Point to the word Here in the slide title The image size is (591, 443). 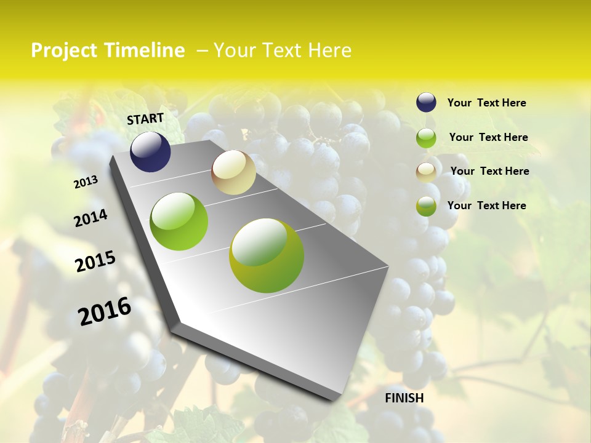[329, 50]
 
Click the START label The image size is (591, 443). [145, 119]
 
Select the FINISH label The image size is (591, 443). [404, 398]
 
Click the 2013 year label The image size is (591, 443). [86, 182]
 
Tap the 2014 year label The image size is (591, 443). [91, 218]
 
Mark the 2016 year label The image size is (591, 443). [105, 311]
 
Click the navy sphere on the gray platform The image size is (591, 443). [150, 151]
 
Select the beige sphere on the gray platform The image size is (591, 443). [233, 172]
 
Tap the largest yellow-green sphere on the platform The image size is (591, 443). [267, 255]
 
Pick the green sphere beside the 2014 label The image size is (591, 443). [179, 221]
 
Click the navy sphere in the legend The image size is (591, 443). [426, 102]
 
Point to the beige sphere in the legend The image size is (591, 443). [426, 172]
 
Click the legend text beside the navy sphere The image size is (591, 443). [486, 103]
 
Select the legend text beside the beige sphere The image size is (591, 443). [489, 171]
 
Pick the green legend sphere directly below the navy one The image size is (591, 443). [426, 138]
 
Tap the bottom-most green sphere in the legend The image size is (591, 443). [426, 206]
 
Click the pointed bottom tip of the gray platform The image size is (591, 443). [336, 400]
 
